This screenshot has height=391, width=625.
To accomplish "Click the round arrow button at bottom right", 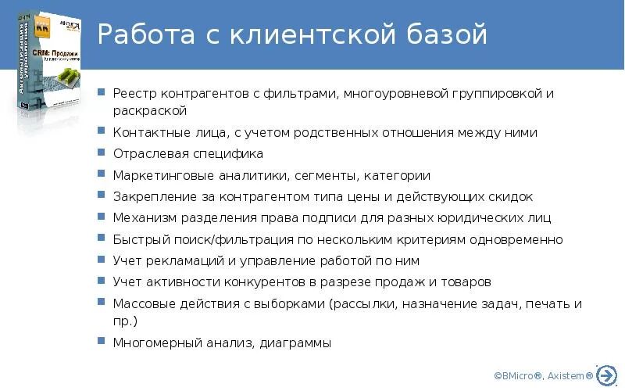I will [x=606, y=375].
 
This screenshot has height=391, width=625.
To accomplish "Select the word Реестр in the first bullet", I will [x=134, y=94].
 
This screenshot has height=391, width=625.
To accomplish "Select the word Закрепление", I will [x=153, y=196].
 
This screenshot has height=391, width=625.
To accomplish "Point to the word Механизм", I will [x=144, y=217].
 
